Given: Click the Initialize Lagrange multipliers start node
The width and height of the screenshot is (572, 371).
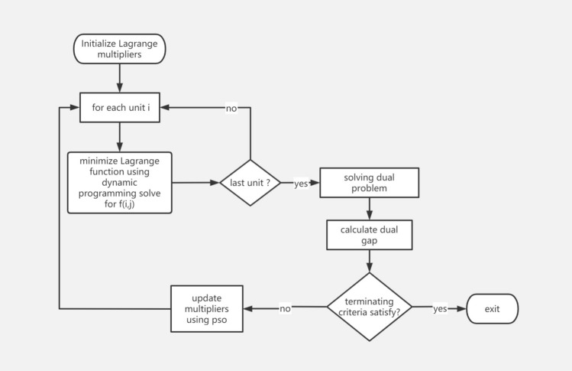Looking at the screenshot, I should (119, 49).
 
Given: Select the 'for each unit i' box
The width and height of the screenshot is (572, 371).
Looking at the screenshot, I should (119, 108).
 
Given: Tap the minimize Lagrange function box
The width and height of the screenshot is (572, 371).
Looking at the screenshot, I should (119, 182).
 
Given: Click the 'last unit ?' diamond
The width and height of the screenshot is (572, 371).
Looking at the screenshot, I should (250, 183).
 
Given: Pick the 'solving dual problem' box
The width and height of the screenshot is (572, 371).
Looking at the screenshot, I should (370, 184).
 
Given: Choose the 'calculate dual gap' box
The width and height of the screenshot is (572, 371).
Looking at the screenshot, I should (370, 235).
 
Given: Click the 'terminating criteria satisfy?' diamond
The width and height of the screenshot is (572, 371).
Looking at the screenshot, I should (370, 307).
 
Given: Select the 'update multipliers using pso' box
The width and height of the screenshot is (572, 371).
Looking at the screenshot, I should (206, 308).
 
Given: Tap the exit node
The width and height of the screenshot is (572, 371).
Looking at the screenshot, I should (492, 308).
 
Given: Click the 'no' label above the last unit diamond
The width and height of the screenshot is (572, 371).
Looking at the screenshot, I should (231, 108).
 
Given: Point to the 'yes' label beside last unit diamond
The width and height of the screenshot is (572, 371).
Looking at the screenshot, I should (301, 184).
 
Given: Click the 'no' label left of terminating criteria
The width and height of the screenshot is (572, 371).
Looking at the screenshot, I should (285, 308).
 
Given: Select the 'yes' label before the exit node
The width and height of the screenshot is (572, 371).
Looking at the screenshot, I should (440, 308).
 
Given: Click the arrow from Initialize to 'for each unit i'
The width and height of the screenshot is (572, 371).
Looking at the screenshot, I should (119, 78).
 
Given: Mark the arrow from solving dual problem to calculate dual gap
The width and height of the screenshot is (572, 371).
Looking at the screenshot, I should (370, 210).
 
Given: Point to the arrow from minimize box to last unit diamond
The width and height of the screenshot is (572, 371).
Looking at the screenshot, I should (196, 183).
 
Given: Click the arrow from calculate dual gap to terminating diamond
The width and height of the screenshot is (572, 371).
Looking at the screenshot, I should (370, 261).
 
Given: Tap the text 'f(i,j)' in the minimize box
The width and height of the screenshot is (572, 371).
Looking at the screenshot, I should (119, 204).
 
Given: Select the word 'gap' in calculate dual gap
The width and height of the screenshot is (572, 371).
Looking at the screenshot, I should (370, 240).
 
